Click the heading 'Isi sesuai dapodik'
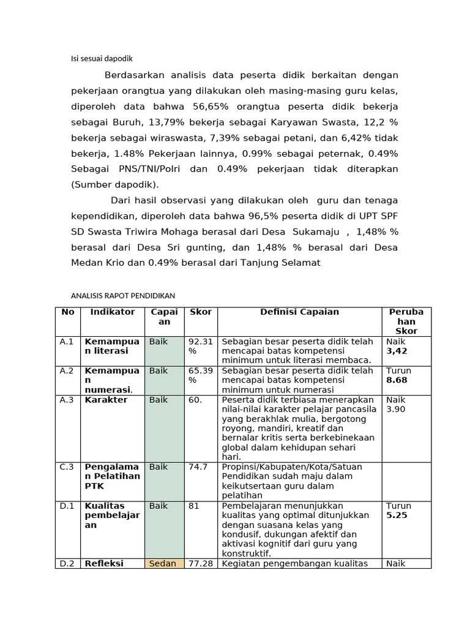click(x=102, y=59)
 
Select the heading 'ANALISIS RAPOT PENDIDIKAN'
click(x=124, y=295)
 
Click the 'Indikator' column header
click(x=113, y=312)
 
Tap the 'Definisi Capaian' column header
click(x=299, y=312)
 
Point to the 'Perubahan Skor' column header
click(x=406, y=321)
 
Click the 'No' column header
click(x=68, y=312)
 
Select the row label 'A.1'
click(x=67, y=342)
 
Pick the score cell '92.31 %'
click(x=200, y=346)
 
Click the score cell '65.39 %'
click(x=200, y=375)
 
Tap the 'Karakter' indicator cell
click(x=106, y=400)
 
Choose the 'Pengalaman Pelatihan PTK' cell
click(x=112, y=476)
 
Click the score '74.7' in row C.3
click(x=198, y=467)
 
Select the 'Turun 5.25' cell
click(x=398, y=511)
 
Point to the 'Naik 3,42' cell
click(x=397, y=346)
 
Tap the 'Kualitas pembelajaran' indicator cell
click(x=112, y=516)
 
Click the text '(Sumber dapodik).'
click(x=115, y=184)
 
